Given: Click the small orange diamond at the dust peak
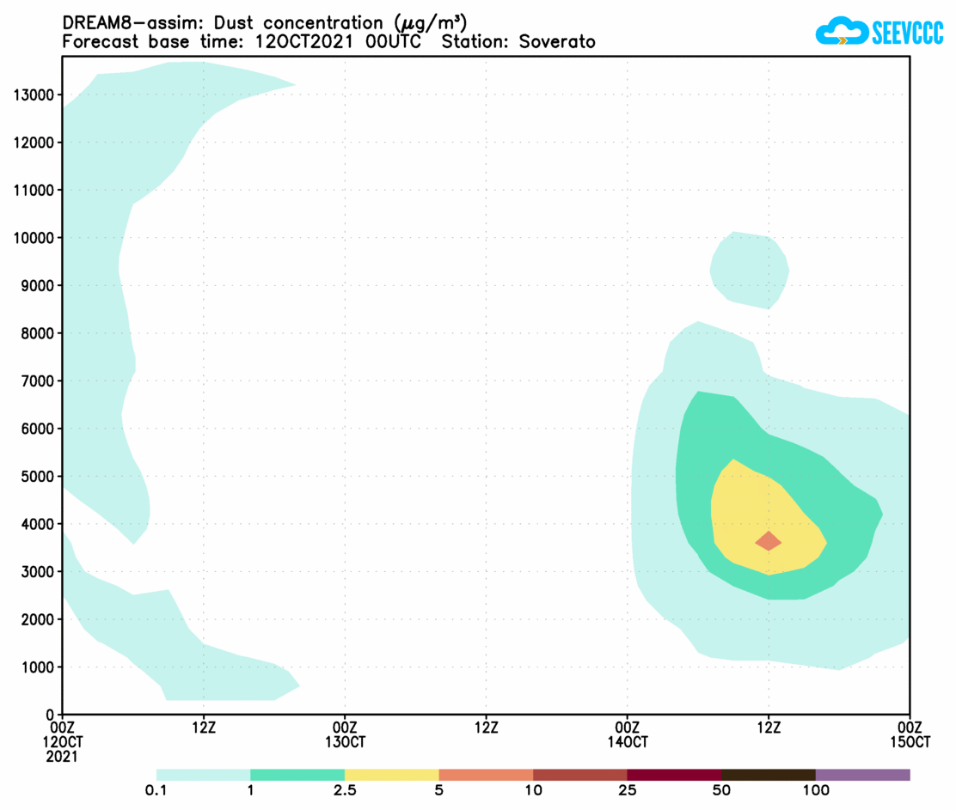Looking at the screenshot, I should pyautogui.click(x=768, y=540).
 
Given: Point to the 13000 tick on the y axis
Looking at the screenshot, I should pyautogui.click(x=34, y=94).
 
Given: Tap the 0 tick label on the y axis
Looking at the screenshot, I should pyautogui.click(x=51, y=715).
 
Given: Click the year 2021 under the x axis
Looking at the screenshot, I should pyautogui.click(x=63, y=757).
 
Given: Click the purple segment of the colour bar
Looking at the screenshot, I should pyautogui.click(x=862, y=775).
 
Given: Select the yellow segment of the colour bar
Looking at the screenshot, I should pyautogui.click(x=391, y=775).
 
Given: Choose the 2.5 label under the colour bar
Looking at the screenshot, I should pyautogui.click(x=345, y=790).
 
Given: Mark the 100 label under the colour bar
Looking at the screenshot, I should pyautogui.click(x=815, y=790).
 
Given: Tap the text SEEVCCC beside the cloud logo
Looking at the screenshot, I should pyautogui.click(x=908, y=33).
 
